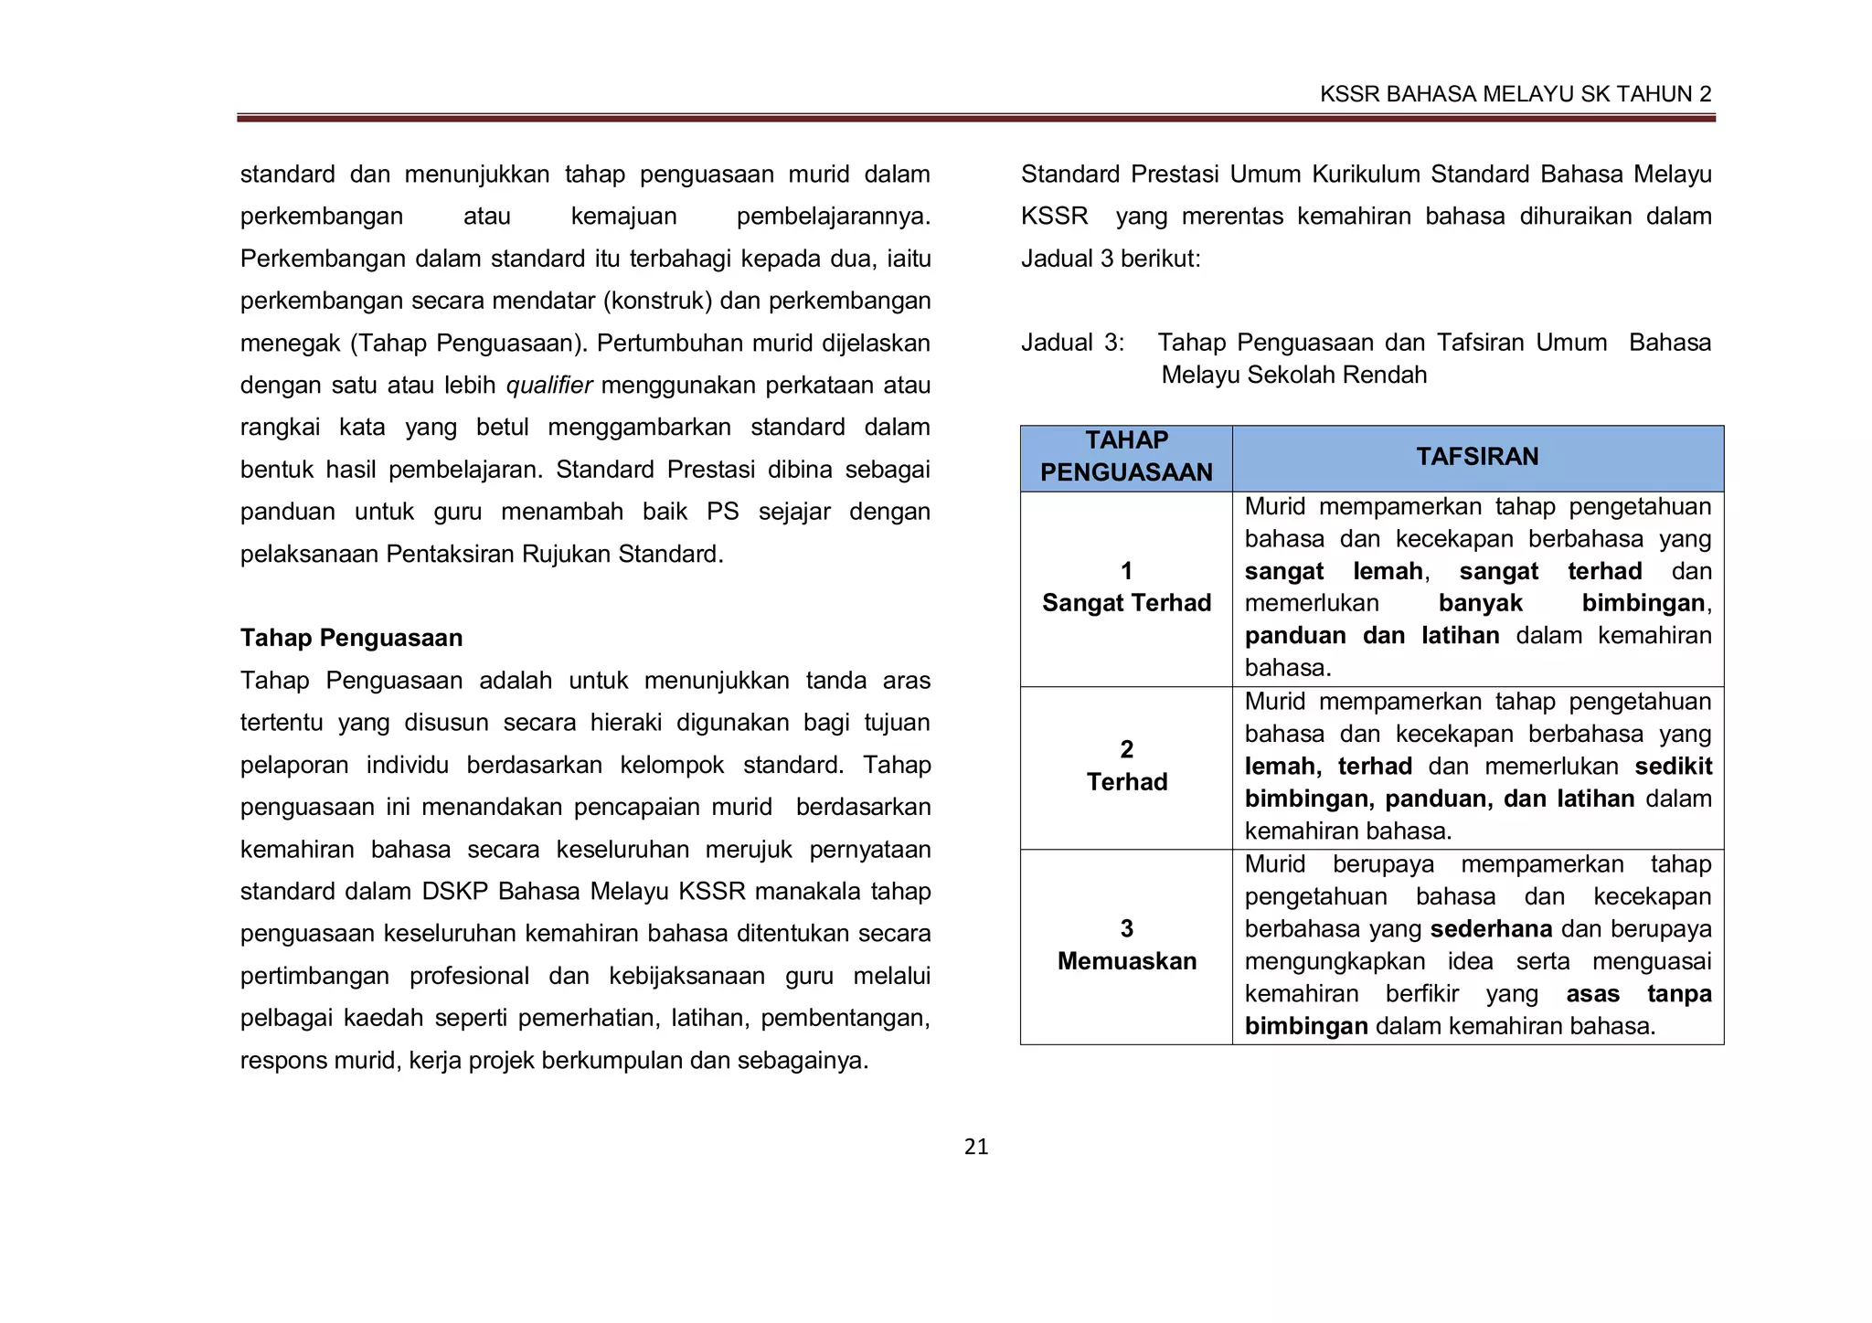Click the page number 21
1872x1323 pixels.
point(976,1148)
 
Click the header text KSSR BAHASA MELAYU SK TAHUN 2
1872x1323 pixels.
point(1516,94)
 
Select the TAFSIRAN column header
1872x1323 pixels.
point(1477,457)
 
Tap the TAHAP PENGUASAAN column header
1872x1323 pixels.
point(1126,457)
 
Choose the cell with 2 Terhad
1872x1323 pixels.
point(1126,767)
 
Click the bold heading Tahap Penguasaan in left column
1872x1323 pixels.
point(351,638)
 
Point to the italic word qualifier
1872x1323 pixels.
point(549,386)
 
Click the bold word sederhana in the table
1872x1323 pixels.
point(1491,929)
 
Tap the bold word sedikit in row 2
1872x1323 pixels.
point(1673,767)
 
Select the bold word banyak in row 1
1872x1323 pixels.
point(1480,603)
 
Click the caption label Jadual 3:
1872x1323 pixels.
point(1072,343)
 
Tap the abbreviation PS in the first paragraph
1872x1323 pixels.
point(722,512)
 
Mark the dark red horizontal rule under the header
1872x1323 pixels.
point(975,118)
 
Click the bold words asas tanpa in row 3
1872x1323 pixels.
point(1638,994)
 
